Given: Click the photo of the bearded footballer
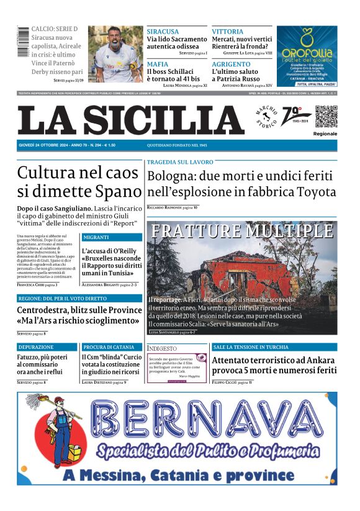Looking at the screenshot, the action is pos(115,53).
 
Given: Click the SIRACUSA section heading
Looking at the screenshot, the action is pos(163,31).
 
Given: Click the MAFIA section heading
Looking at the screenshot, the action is pos(158,64).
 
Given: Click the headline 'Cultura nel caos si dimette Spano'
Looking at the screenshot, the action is pos(79,181).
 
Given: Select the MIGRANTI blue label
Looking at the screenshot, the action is pos(96,237).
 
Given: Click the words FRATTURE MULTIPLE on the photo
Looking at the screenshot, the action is pos(242,231).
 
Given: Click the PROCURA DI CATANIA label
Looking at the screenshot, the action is pos(109,347).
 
